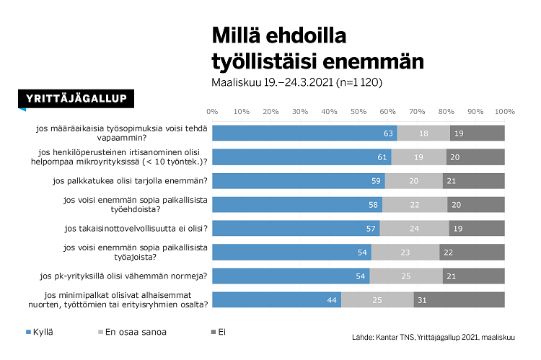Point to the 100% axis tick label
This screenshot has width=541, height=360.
point(504,112)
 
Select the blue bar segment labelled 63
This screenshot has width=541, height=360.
point(304,133)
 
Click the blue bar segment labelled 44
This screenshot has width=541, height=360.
point(276,299)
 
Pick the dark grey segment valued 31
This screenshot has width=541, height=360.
point(459,299)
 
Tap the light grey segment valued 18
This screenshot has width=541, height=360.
point(423,133)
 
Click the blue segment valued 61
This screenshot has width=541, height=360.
point(302,157)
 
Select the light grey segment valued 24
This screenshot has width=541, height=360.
point(414,228)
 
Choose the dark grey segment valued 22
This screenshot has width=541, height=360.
point(472,252)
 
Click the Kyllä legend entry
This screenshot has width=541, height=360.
point(40,332)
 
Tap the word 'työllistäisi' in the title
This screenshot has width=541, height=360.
point(268,61)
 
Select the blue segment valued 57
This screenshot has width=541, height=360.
point(296,228)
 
